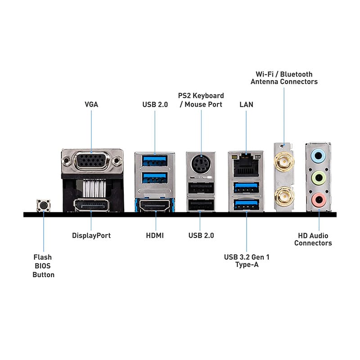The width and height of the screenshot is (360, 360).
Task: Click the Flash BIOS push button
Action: [x=43, y=205]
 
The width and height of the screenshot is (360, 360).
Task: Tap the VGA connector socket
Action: [x=91, y=161]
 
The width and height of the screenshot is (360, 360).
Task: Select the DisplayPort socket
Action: [x=91, y=205]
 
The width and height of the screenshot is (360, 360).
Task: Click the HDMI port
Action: [x=155, y=205]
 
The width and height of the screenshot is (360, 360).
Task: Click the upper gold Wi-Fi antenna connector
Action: [x=284, y=161]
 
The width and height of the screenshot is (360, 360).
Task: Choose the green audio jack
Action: [x=318, y=178]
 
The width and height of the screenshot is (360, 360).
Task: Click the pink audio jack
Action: [x=319, y=200]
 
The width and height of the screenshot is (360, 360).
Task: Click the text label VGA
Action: [x=91, y=104]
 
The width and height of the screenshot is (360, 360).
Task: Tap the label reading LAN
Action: [x=246, y=104]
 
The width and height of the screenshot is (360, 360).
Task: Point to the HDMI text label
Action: [x=155, y=235]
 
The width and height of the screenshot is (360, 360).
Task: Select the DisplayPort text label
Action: [x=91, y=236]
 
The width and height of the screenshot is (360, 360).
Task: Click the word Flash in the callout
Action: [x=42, y=257]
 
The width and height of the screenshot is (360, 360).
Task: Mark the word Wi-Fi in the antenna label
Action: [x=265, y=74]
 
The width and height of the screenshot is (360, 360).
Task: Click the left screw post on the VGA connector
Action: [x=66, y=160]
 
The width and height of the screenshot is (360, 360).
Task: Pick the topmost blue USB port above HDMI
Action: [x=154, y=161]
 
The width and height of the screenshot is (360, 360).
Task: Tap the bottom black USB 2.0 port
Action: [x=201, y=205]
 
